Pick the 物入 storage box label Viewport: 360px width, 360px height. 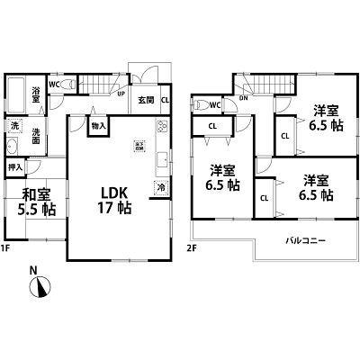point(98,127)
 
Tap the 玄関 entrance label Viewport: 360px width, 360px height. point(147,100)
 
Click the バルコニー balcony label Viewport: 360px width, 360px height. point(306,241)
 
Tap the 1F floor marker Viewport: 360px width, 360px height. point(8,247)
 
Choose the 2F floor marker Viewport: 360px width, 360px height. point(192,247)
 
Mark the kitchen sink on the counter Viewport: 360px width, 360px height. point(162,162)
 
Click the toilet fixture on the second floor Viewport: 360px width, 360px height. point(200,103)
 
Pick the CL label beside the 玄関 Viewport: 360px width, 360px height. point(164,100)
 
